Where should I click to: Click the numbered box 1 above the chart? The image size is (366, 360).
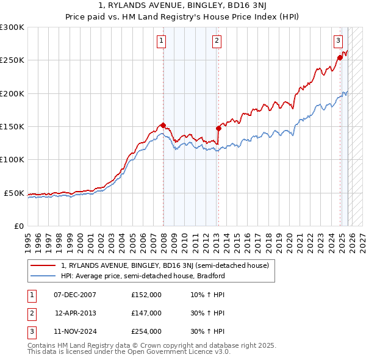(162, 41)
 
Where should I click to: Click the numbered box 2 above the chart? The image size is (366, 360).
(217, 41)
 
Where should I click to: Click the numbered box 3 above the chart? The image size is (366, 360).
(337, 41)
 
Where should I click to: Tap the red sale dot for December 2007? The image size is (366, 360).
(163, 126)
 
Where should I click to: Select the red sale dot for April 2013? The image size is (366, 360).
(218, 129)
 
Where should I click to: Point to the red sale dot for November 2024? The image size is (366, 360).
(339, 59)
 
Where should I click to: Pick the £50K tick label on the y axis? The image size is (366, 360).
(14, 193)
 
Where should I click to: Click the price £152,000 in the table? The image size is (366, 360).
(146, 295)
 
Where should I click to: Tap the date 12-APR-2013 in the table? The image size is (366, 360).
(75, 313)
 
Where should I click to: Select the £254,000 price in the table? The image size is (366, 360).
(146, 331)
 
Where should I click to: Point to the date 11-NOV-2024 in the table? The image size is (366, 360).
(75, 331)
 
